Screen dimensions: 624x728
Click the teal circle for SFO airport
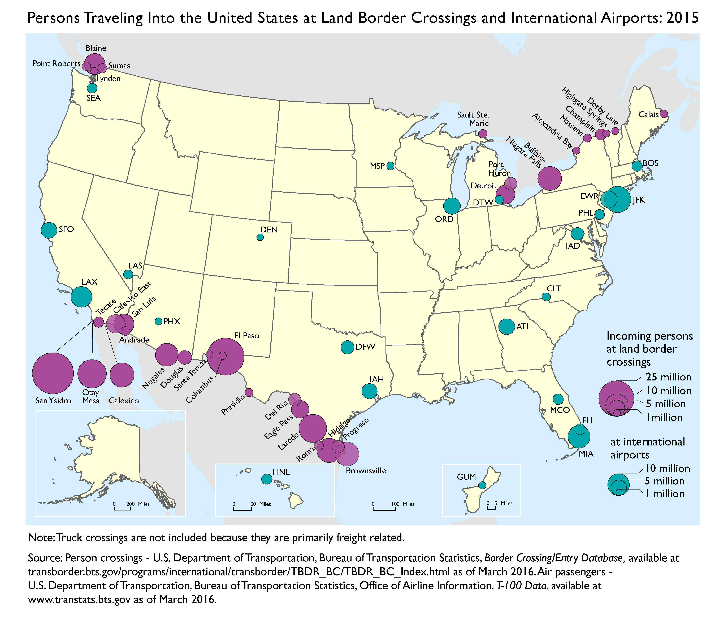pyautogui.click(x=49, y=230)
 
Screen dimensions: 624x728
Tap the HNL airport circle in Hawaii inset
pyautogui.click(x=267, y=479)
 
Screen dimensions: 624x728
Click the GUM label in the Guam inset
pyautogui.click(x=466, y=477)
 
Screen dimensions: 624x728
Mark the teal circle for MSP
pyautogui.click(x=390, y=166)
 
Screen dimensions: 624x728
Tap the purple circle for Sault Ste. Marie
pyautogui.click(x=483, y=133)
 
